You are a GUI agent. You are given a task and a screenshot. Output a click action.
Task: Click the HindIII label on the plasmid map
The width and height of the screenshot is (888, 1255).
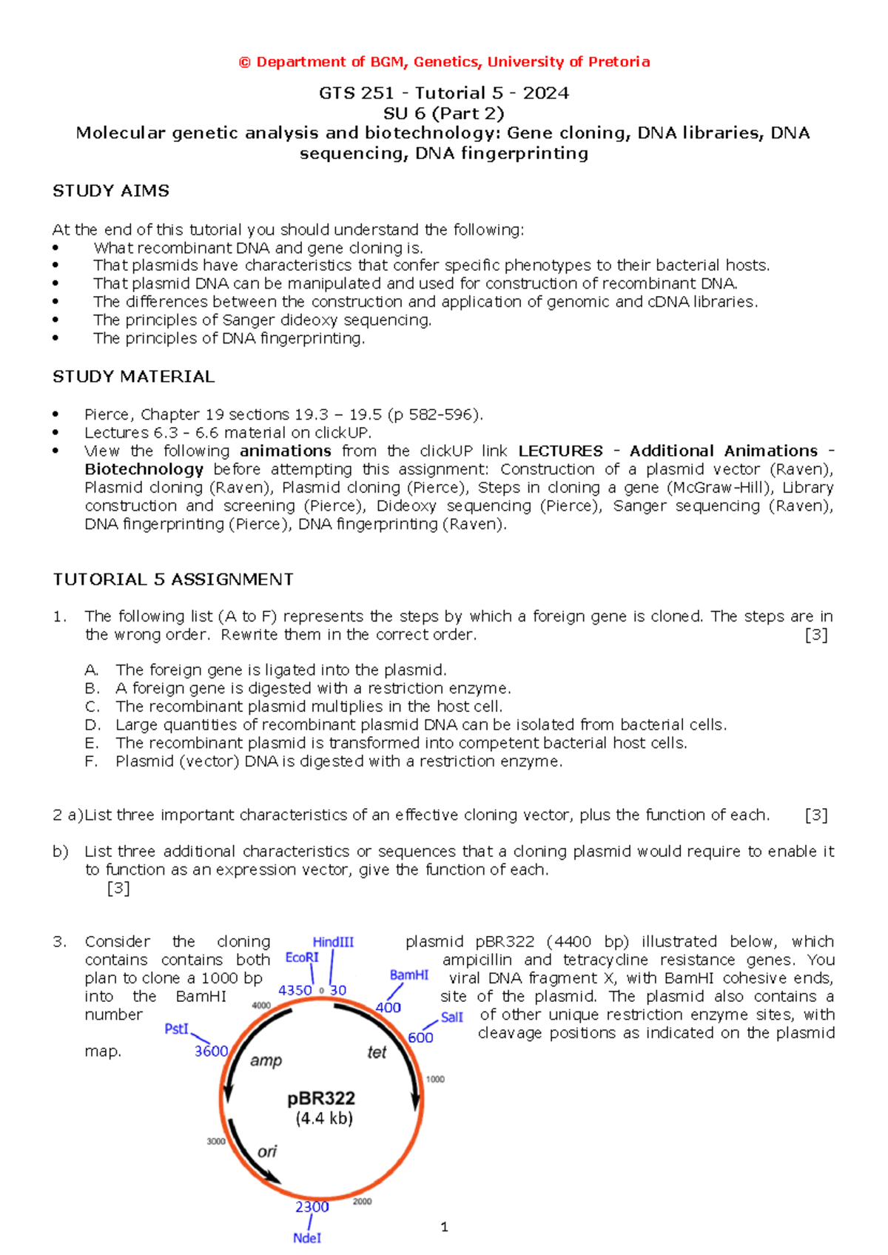pos(333,942)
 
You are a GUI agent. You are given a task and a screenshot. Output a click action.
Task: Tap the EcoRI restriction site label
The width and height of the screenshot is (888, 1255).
pos(302,958)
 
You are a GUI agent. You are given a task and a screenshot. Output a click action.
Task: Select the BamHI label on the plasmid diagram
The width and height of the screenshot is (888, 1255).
pos(409,975)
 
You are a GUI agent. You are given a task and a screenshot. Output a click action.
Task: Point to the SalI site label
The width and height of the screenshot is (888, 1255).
pos(451,1017)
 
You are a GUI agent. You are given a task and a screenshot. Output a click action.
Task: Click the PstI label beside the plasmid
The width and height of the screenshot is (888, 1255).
pos(177,1029)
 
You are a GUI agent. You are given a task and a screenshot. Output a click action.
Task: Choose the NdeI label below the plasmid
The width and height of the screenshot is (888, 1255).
pos(307,1238)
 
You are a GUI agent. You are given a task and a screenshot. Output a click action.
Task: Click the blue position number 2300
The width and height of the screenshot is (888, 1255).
pos(312,1207)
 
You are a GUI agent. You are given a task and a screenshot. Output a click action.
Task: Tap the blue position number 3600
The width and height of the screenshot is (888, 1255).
pos(211,1052)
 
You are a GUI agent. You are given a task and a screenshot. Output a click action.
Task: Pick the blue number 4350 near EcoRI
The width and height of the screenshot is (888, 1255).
pos(295,990)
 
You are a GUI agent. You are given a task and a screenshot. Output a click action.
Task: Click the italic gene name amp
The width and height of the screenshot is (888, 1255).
pos(266,1060)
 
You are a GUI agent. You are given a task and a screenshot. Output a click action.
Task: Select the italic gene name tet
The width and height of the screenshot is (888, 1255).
pos(377,1052)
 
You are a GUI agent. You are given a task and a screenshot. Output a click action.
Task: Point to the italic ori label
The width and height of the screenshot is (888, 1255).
pos(267,1151)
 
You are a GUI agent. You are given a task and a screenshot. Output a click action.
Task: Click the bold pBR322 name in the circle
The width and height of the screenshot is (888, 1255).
pos(321,1098)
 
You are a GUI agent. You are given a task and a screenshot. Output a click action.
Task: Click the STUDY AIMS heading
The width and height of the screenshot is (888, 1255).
pos(111,191)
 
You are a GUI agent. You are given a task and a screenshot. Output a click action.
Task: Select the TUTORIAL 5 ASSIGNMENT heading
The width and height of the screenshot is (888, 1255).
pos(173,579)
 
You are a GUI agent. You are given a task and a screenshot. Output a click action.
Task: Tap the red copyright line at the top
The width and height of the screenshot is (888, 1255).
pos(444,62)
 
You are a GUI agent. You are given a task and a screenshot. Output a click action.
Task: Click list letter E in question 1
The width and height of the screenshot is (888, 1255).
pos(91,743)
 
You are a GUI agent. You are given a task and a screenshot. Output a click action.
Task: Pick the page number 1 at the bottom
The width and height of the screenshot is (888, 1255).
pos(444,1227)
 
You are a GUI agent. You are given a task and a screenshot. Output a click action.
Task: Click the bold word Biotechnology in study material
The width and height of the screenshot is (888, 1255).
pos(144,469)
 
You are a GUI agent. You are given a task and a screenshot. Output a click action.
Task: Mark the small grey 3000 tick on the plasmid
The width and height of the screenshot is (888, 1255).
pos(216,1142)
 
